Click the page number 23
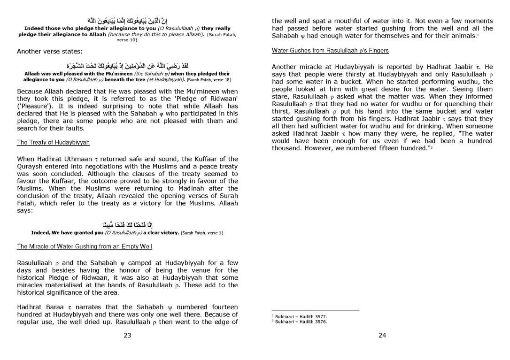[127, 335]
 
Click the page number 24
[382, 335]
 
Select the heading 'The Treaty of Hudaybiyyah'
[53, 142]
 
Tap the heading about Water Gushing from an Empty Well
[85, 246]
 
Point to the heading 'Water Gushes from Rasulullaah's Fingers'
[330, 51]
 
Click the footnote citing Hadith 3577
[301, 317]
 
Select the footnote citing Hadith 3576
[301, 322]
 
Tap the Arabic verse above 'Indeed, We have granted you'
[127, 224]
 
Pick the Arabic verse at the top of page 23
[127, 21]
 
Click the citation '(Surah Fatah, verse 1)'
[202, 233]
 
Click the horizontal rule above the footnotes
[315, 311]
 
